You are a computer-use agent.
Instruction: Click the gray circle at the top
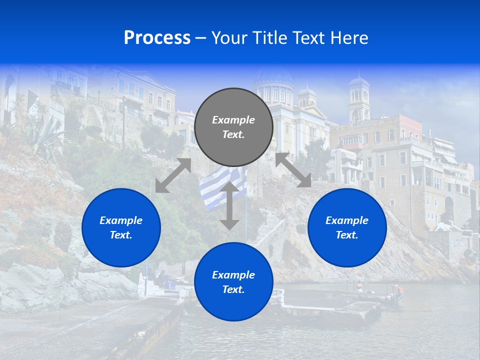pos(233,127)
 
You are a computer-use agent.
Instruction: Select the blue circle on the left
pos(121,227)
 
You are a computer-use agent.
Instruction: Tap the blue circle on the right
pos(347,227)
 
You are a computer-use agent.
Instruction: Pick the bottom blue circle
pos(233,282)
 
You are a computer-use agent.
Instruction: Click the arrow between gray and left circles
pos(173,175)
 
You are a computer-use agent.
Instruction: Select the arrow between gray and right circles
pos(293,170)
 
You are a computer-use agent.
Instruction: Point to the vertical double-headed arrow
pos(229,205)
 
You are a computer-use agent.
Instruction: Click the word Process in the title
pos(157,38)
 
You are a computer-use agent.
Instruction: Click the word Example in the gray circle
pos(233,120)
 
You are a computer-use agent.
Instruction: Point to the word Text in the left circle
pos(120,235)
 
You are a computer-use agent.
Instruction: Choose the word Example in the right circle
pos(347,220)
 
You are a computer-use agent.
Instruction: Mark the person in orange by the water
pos(398,290)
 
